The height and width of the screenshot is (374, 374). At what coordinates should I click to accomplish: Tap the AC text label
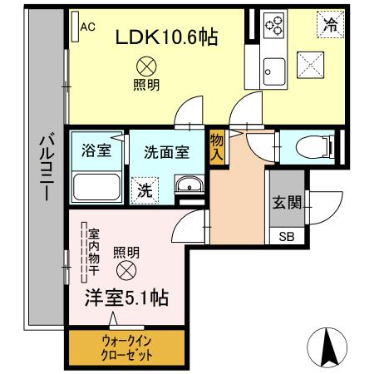point(88,26)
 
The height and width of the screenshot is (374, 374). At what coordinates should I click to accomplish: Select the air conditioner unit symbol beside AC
point(74,25)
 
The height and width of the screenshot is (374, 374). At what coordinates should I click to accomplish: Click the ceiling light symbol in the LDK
point(146,64)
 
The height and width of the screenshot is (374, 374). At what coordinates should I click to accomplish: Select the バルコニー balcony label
point(47,165)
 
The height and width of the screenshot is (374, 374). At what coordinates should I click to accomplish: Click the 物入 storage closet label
point(217,146)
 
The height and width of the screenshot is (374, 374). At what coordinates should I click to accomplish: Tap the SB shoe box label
point(286,236)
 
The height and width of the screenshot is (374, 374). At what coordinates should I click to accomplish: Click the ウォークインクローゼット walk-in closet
point(127,347)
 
